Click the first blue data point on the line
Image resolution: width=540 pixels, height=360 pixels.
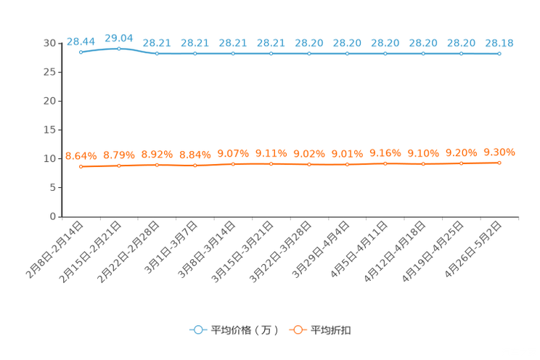[81, 52]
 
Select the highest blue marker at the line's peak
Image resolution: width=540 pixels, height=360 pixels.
[119, 48]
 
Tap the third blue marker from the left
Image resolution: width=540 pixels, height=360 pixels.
[157, 54]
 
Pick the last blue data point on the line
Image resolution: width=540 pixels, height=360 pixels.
[499, 54]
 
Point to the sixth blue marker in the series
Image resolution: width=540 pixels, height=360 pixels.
[271, 54]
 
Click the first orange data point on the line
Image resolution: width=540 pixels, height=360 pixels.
[81, 166]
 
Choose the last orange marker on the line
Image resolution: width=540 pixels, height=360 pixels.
[499, 163]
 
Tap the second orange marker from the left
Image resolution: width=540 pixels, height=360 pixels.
[119, 165]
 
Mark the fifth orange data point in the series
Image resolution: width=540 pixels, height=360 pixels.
[233, 164]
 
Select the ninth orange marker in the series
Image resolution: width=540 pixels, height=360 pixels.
[385, 164]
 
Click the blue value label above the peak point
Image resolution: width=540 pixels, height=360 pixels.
[119, 37]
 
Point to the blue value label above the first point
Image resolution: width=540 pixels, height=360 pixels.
[81, 41]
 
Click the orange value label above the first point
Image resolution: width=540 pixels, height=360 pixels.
[81, 155]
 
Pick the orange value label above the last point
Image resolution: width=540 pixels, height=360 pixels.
[499, 151]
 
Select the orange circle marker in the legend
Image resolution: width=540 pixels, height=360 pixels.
[297, 330]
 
